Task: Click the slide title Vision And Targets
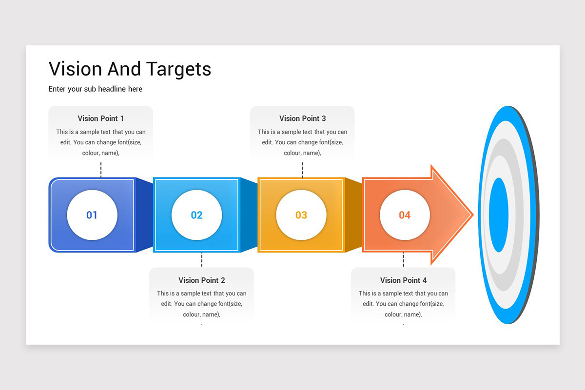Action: pos(130,69)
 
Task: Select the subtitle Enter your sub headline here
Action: pos(96,89)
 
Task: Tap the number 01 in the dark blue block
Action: pos(92,215)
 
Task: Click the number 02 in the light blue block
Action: pos(196,215)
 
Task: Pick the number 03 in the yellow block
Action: pos(301,215)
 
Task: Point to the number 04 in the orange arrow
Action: pos(405,215)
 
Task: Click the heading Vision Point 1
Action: pos(101,118)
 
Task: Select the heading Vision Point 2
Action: pos(202,280)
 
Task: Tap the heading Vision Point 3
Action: pos(302,118)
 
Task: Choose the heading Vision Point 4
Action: pos(403,280)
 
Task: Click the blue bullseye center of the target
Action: pos(498,214)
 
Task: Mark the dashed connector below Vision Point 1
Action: pos(101,169)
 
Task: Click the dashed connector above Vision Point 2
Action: pos(202,260)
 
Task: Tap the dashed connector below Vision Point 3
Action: pos(302,169)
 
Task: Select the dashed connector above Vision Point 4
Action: pos(403,260)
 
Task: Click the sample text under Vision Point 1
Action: pos(101,142)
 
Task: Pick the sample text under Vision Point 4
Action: pos(403,304)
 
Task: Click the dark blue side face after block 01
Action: pos(144,214)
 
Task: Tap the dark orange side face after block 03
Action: pos(353,214)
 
